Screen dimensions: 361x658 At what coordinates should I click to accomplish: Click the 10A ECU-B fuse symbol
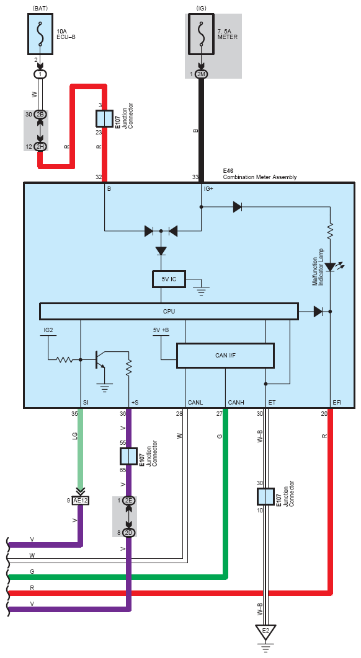click(40, 34)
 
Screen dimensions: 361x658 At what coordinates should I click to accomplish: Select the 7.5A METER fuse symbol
click(202, 34)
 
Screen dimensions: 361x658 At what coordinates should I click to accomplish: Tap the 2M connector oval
click(202, 74)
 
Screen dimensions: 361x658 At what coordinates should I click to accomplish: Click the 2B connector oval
click(41, 115)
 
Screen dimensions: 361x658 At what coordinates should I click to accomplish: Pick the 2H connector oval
click(41, 146)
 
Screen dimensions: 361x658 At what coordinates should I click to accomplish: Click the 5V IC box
click(169, 279)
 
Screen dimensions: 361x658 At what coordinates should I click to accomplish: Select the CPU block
click(169, 312)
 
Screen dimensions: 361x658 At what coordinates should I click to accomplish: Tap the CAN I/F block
click(225, 356)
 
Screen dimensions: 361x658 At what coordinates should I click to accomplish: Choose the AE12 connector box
click(81, 501)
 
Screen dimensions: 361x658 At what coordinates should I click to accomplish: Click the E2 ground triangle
click(265, 631)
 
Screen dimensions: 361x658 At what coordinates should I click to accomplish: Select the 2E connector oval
click(128, 501)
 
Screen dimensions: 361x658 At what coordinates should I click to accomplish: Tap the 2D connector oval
click(128, 532)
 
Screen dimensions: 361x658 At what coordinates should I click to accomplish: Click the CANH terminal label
click(235, 403)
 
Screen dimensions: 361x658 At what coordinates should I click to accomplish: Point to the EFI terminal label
click(337, 403)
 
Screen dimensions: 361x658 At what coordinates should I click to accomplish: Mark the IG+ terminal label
click(208, 189)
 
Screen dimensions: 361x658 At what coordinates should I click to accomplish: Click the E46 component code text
click(228, 171)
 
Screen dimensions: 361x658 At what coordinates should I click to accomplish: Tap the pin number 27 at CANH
click(219, 414)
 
